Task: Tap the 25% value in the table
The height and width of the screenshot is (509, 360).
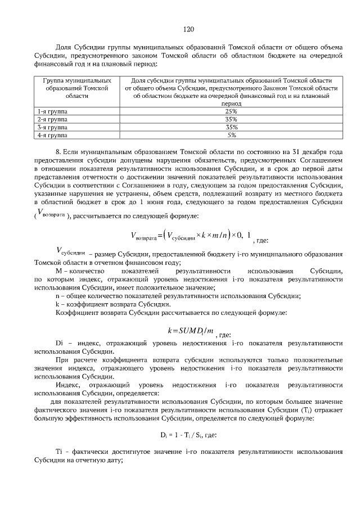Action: (x=231, y=111)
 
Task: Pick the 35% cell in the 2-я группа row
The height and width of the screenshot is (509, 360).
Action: (x=231, y=119)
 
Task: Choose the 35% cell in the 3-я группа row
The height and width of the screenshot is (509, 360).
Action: (x=231, y=127)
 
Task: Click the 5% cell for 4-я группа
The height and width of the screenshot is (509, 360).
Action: (x=231, y=135)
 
